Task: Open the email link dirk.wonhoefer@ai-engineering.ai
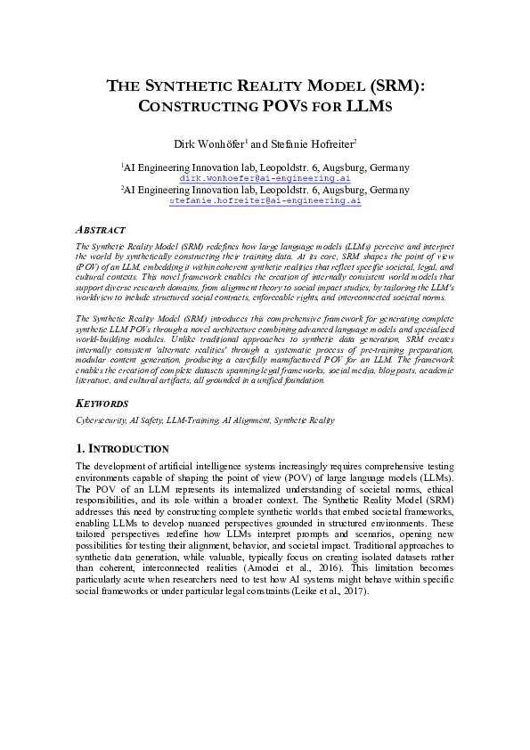tap(265, 178)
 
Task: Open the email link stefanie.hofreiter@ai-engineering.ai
tap(265, 201)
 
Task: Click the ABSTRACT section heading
tap(101, 230)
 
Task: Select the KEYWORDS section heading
tap(102, 404)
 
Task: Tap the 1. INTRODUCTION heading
tap(122, 448)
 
